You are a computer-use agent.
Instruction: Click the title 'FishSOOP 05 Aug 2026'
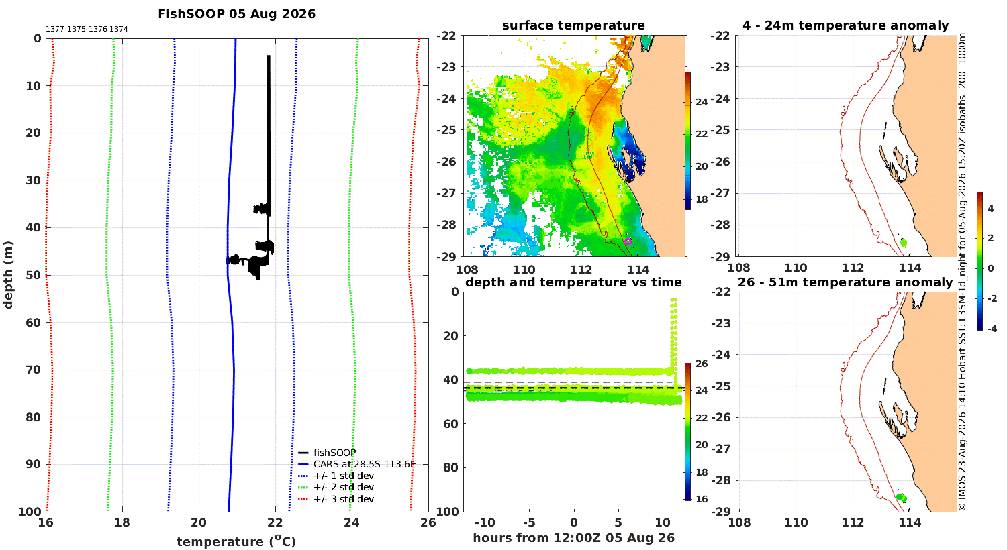click(x=236, y=14)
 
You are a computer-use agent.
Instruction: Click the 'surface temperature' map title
click(x=573, y=25)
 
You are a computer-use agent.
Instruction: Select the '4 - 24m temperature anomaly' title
click(x=846, y=25)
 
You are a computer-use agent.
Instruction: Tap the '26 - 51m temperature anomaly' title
click(x=845, y=282)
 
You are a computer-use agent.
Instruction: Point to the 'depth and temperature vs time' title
click(x=573, y=282)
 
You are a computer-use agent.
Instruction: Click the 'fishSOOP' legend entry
click(x=328, y=453)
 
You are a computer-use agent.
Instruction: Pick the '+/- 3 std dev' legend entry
click(x=336, y=499)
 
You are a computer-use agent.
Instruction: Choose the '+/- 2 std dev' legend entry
click(x=336, y=487)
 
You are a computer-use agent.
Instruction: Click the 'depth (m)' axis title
click(x=8, y=275)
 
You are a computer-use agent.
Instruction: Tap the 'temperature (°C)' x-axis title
click(x=236, y=541)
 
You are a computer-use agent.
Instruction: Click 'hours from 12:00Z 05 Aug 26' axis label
click(x=573, y=538)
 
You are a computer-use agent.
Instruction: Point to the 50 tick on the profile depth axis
click(x=34, y=275)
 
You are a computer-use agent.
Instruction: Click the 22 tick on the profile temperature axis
click(x=275, y=522)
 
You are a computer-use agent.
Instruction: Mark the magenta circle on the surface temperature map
click(x=628, y=241)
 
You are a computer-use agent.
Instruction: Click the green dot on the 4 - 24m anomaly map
click(x=904, y=243)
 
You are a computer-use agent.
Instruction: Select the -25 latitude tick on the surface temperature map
click(x=446, y=130)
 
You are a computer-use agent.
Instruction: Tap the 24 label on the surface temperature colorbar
click(x=702, y=103)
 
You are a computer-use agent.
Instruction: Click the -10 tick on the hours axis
click(x=485, y=522)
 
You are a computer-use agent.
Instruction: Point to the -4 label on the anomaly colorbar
click(x=992, y=329)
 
